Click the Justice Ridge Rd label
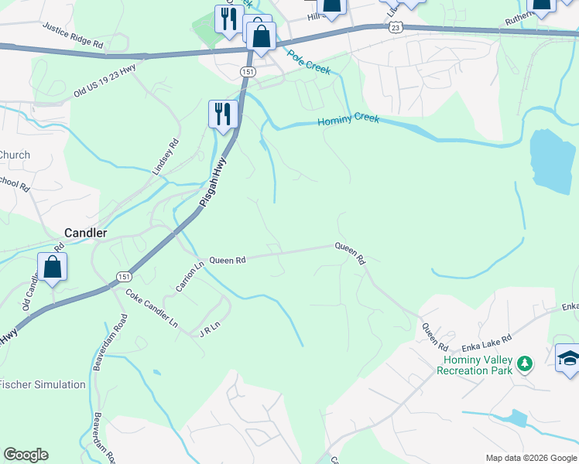74,36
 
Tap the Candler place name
85,232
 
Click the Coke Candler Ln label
152,308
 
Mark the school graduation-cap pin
568,358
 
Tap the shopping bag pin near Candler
52,268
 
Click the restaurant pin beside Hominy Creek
223,114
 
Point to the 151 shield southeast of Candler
123,276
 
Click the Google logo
26,455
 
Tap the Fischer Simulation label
43,384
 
